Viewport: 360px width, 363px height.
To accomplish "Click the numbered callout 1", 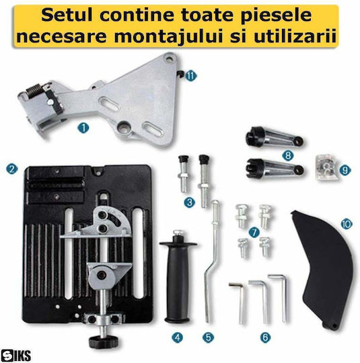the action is pyautogui.click(x=83, y=128).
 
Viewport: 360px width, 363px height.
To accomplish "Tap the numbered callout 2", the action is pyautogui.click(x=12, y=169).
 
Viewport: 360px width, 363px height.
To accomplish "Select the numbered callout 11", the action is pyautogui.click(x=191, y=76).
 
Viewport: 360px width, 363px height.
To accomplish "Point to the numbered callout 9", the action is pyautogui.click(x=345, y=170).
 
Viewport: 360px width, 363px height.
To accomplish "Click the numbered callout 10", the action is pyautogui.click(x=347, y=224).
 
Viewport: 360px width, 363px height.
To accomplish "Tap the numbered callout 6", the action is pyautogui.click(x=265, y=337).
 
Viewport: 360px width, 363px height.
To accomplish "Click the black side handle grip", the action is pyautogui.click(x=178, y=276).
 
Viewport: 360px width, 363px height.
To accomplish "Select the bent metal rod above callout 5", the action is pyautogui.click(x=213, y=261).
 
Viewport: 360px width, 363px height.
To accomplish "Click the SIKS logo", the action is pyautogui.click(x=15, y=355).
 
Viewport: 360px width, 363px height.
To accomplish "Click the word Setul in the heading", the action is pyautogui.click(x=67, y=15).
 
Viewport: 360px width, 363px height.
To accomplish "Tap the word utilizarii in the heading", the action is pyautogui.click(x=295, y=36).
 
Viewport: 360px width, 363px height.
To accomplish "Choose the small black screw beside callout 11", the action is pyautogui.click(x=180, y=74).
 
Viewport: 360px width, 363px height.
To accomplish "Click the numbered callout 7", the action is pyautogui.click(x=254, y=232).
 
